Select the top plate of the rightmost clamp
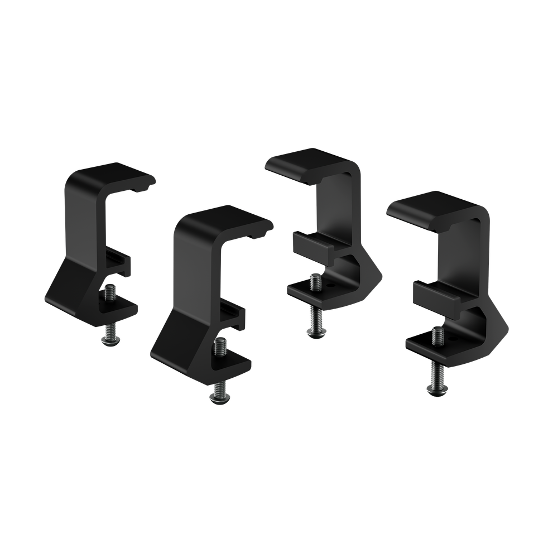(435, 207)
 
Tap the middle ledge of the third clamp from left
(312, 243)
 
